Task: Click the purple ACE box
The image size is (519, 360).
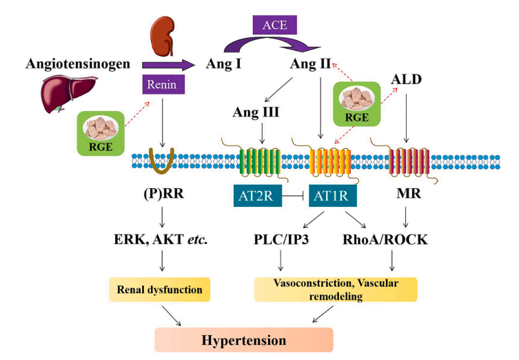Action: click(x=280, y=27)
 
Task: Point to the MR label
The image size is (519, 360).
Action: click(x=407, y=195)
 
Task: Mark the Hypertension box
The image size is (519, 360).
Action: click(x=243, y=339)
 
